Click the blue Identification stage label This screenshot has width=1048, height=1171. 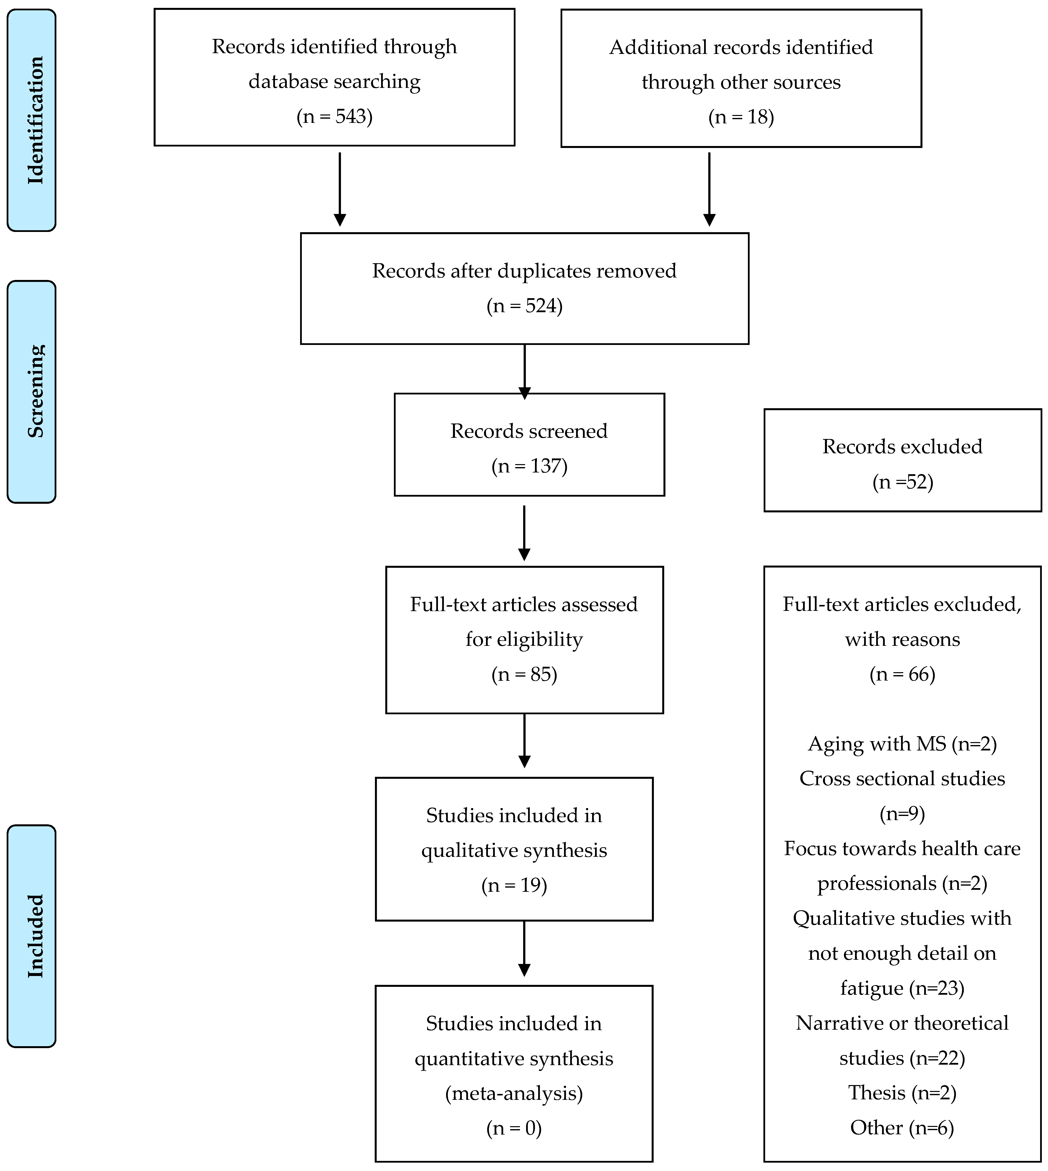(32, 120)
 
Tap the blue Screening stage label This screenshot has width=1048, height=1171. (32, 392)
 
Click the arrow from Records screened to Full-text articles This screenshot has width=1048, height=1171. (524, 533)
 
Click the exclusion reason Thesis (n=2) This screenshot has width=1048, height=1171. (902, 1093)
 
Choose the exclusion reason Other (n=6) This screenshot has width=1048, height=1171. (902, 1128)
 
